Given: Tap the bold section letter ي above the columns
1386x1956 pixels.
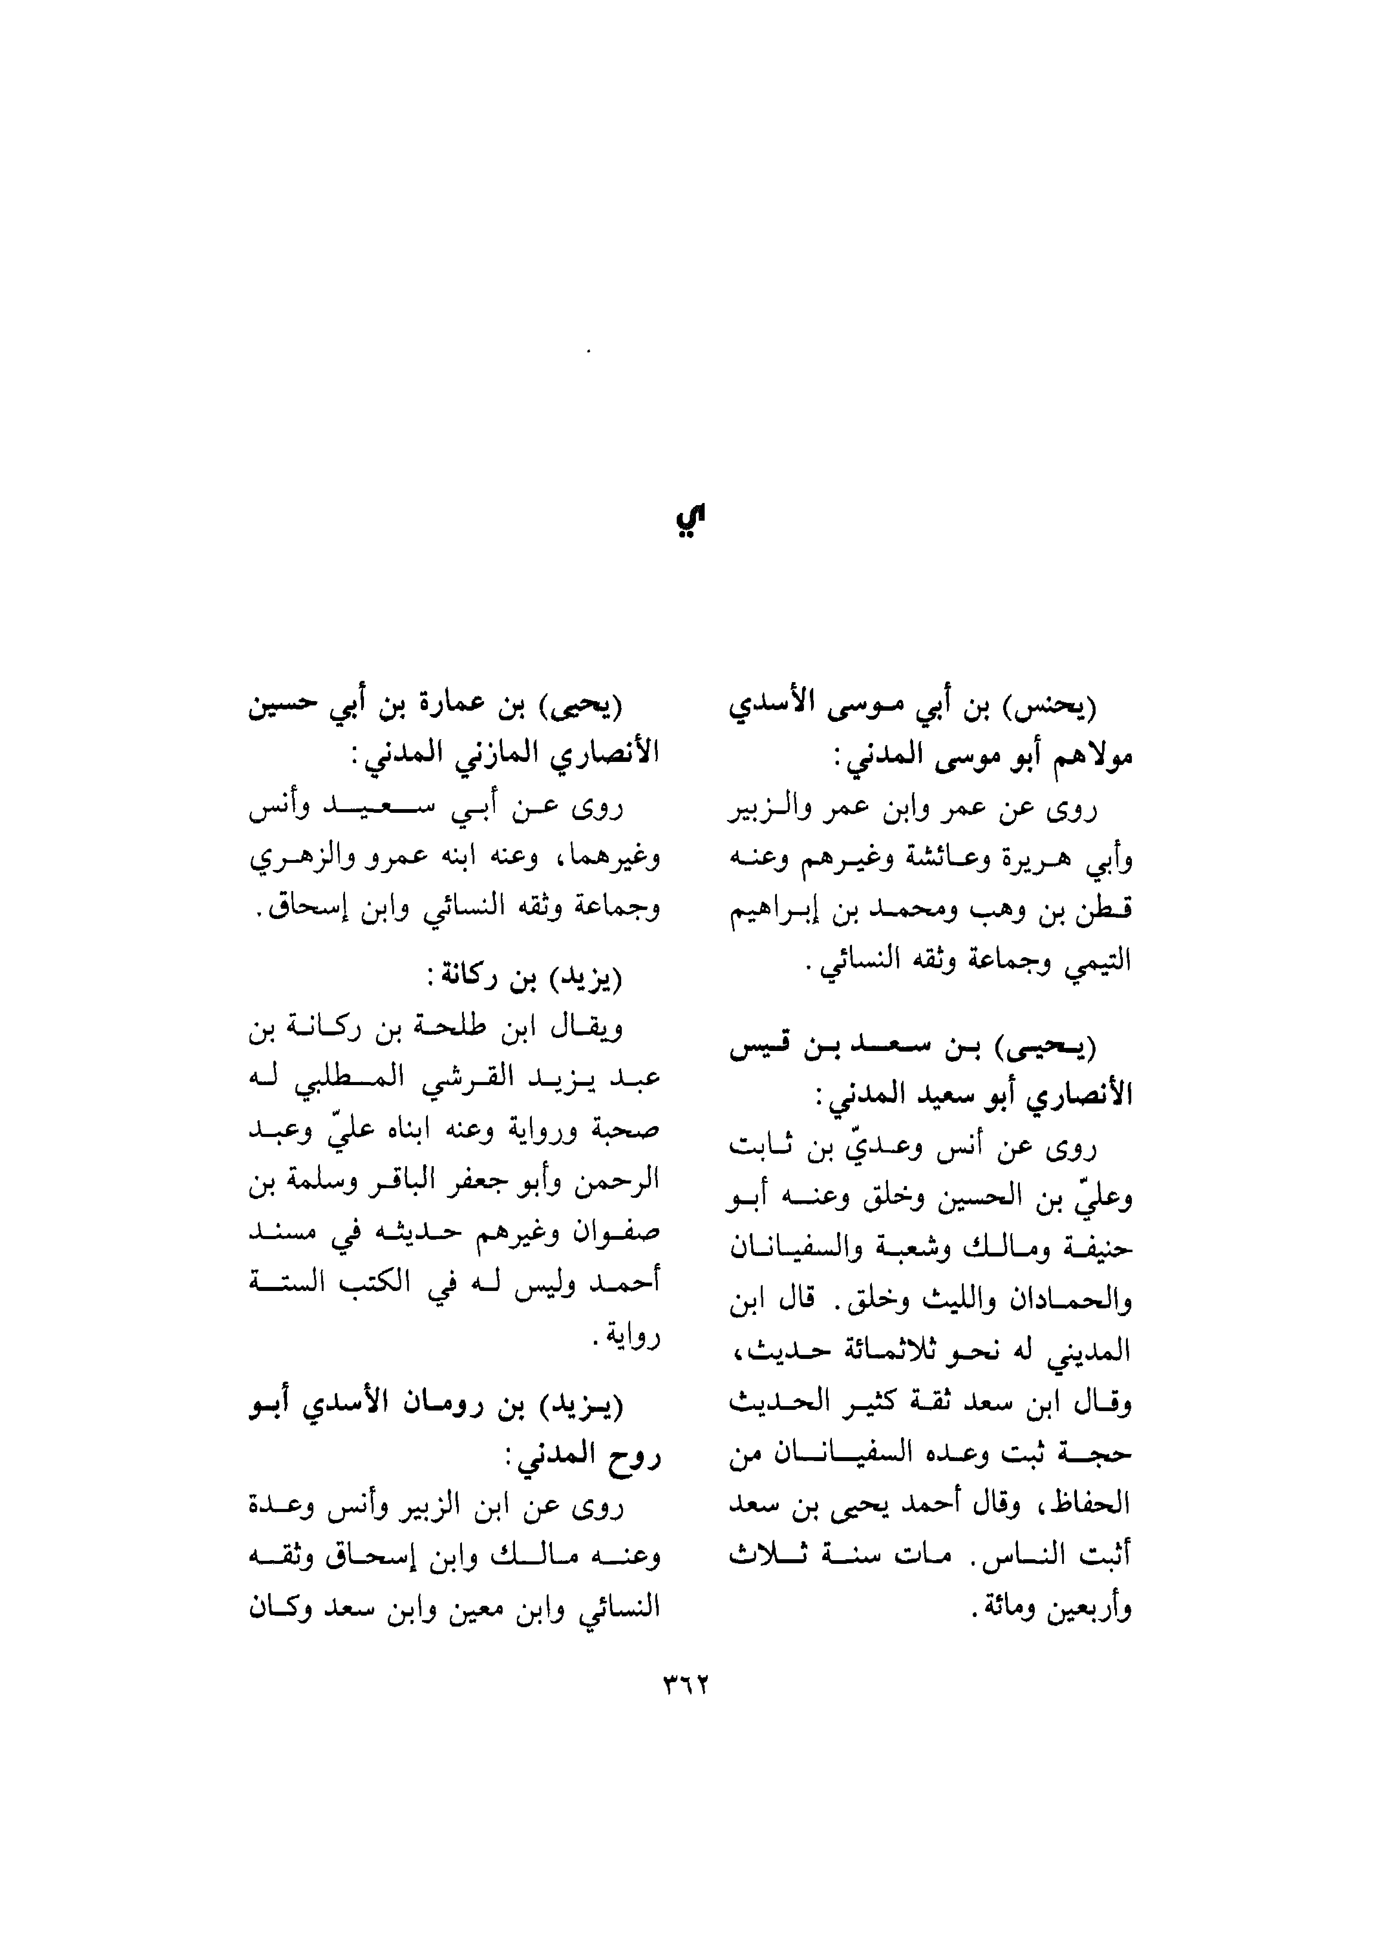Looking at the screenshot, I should pyautogui.click(x=691, y=520).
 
